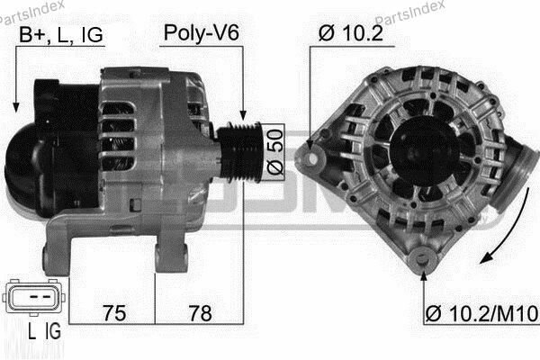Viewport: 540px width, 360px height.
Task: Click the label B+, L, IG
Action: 61,35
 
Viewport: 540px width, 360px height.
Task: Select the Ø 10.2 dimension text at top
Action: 350,35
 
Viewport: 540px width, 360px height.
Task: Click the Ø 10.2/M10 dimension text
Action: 481,314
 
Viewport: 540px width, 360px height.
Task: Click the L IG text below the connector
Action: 42,333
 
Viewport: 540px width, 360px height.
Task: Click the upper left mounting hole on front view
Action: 313,158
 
